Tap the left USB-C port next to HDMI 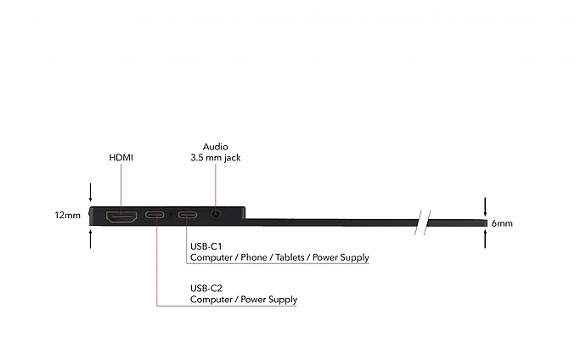point(157,216)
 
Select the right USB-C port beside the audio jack point(189,216)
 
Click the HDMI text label point(121,158)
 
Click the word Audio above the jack point(215,146)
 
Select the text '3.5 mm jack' point(215,157)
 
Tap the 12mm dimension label point(67,216)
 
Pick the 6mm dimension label point(502,223)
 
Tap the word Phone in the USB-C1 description point(252,257)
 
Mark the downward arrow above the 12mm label point(91,189)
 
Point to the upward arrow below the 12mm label point(91,239)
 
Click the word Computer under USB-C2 point(209,300)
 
